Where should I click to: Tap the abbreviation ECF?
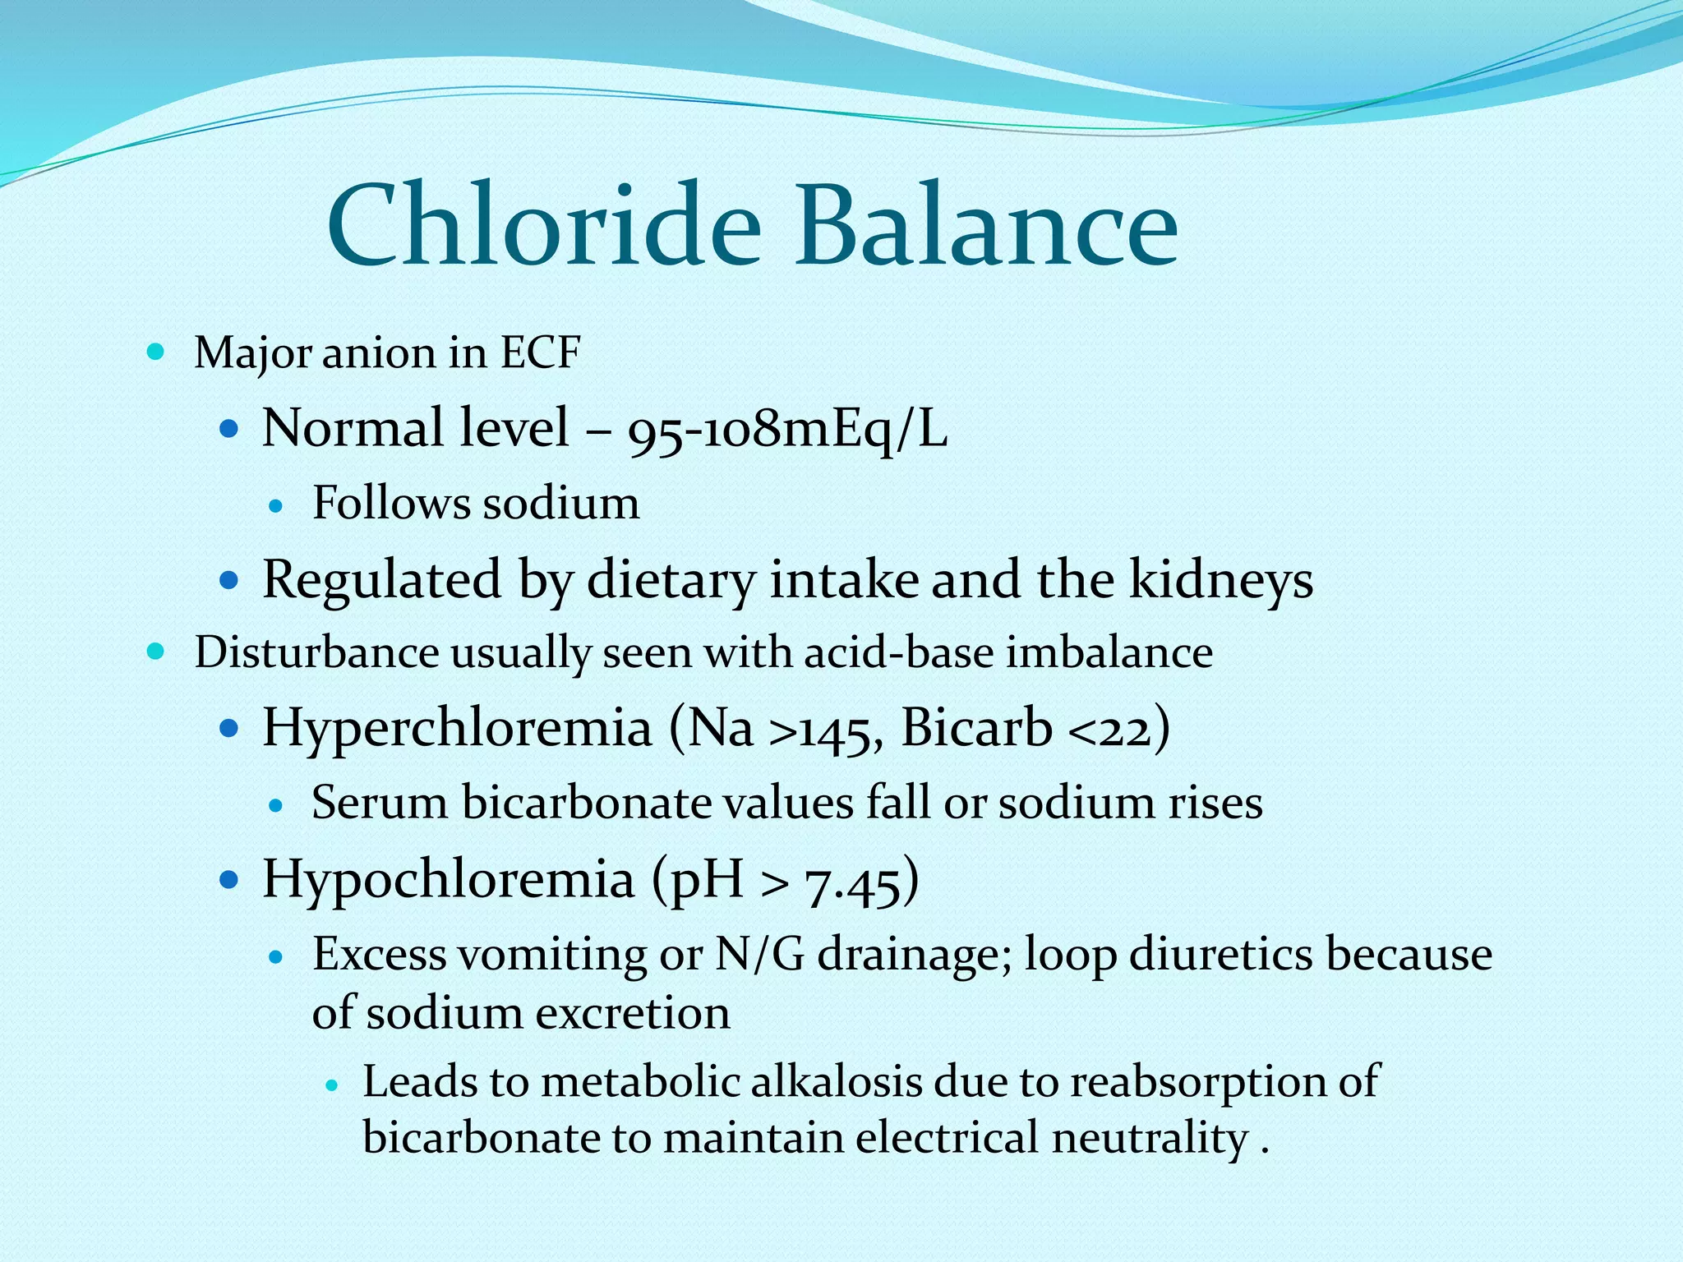[x=540, y=352]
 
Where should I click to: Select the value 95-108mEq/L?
[x=787, y=429]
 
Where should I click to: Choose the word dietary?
[x=671, y=580]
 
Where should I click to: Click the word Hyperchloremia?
[x=456, y=728]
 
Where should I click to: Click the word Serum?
[x=380, y=803]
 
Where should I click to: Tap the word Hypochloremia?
[x=448, y=879]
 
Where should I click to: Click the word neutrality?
[x=1150, y=1139]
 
